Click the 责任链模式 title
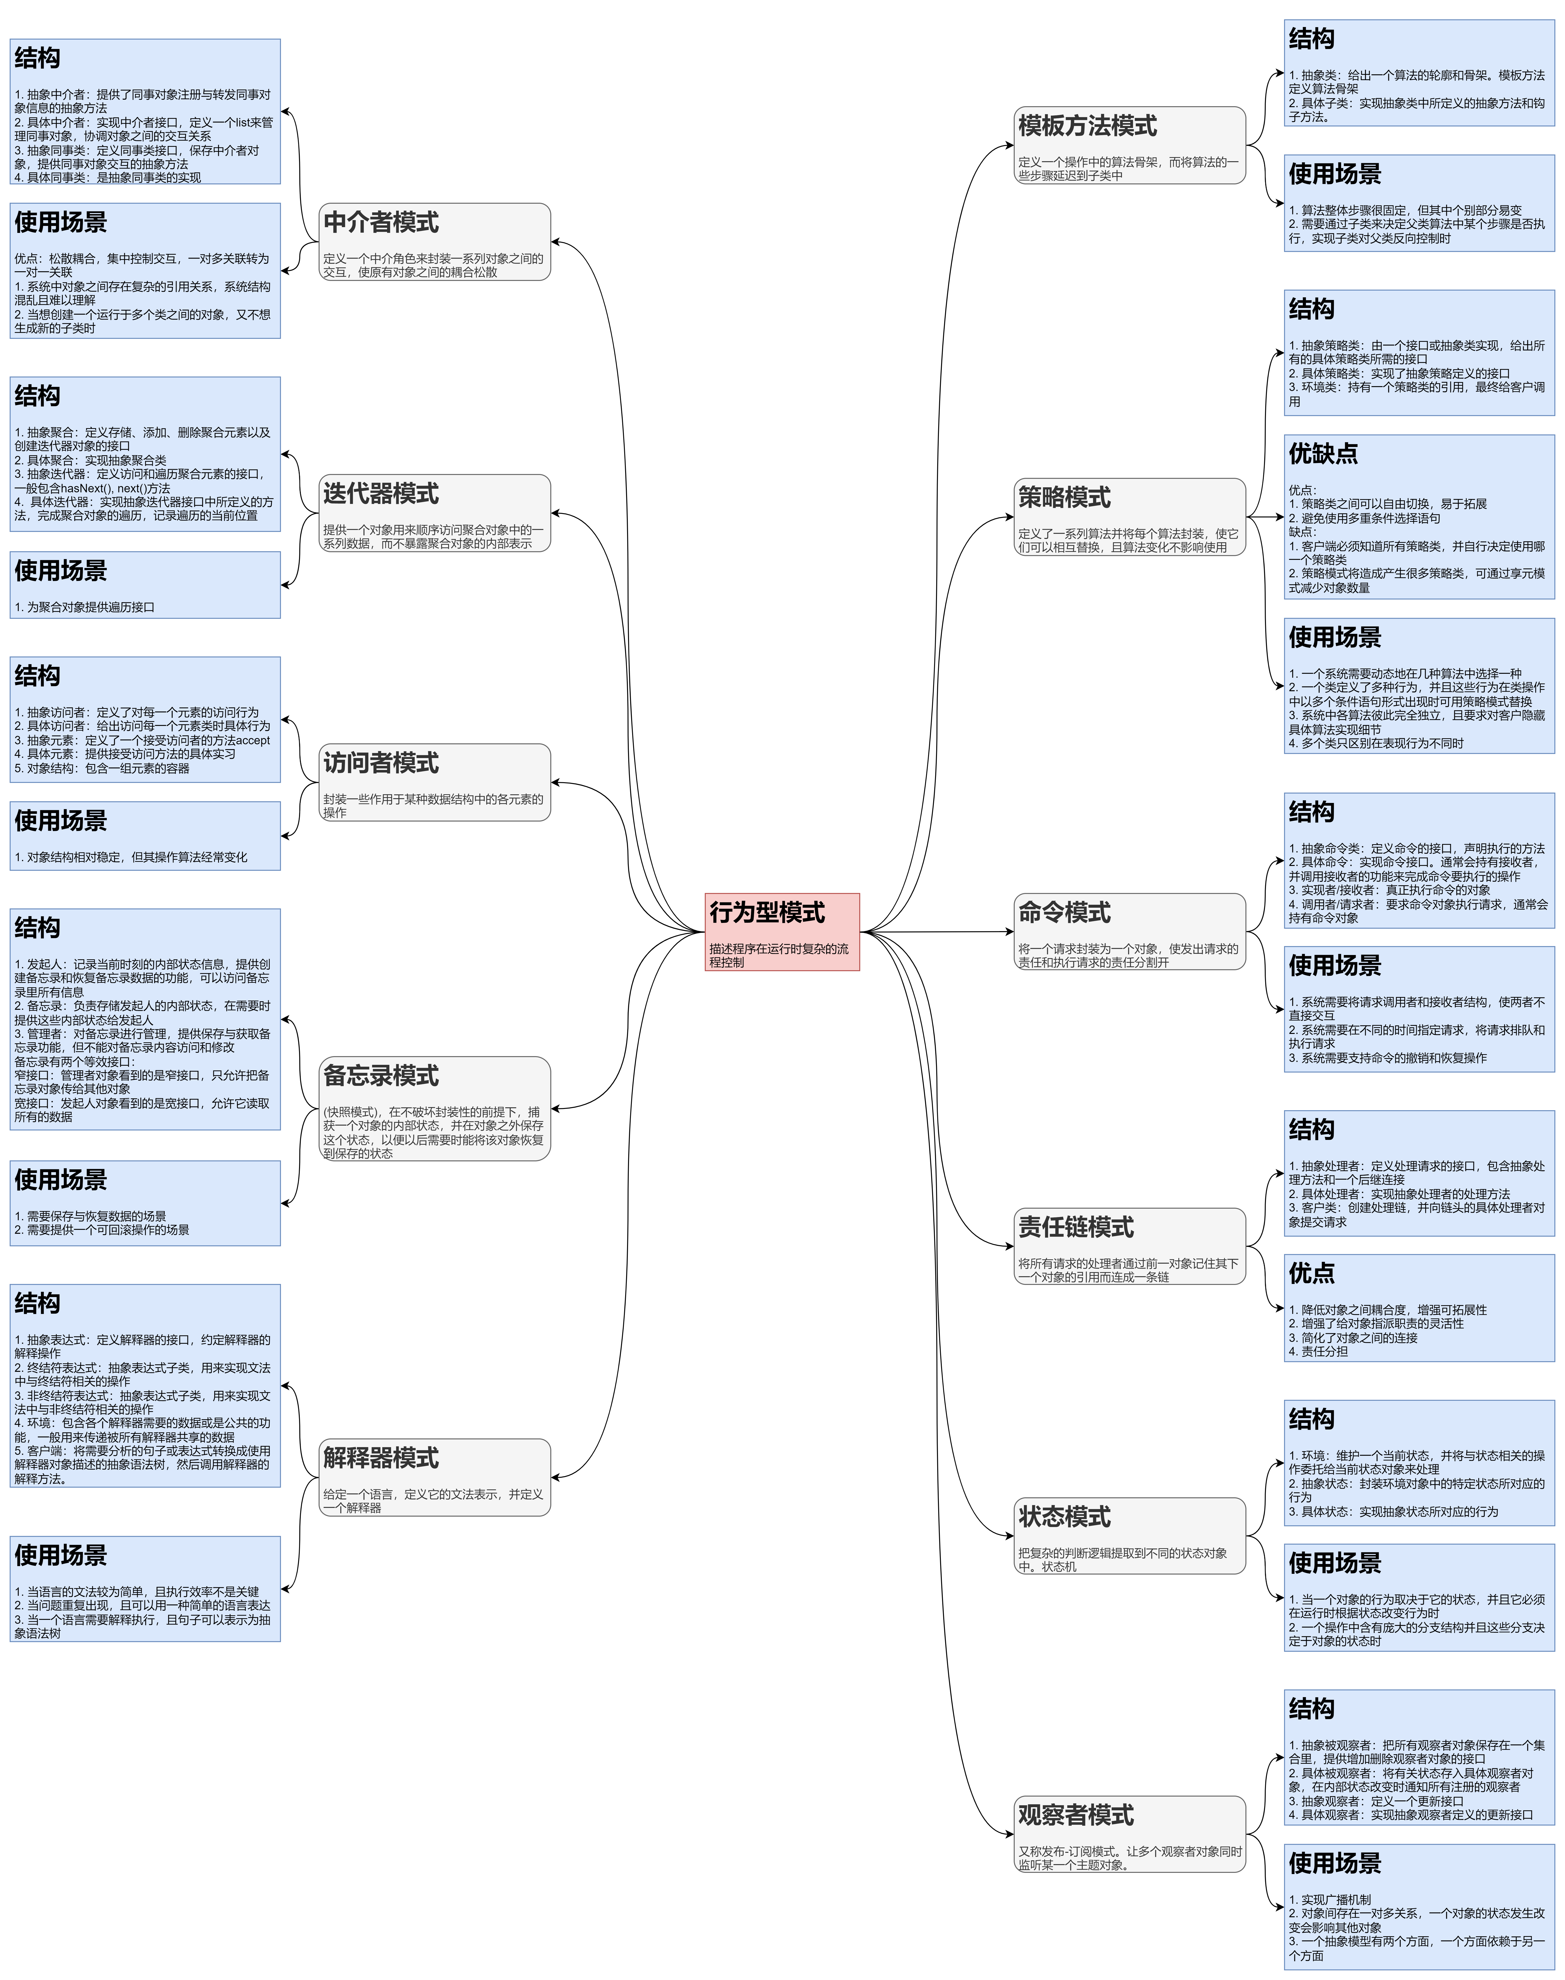click(x=1076, y=1227)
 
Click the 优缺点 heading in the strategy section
click(x=1323, y=453)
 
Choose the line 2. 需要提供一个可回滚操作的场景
click(x=102, y=1230)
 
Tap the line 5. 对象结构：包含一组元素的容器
click(x=102, y=768)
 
